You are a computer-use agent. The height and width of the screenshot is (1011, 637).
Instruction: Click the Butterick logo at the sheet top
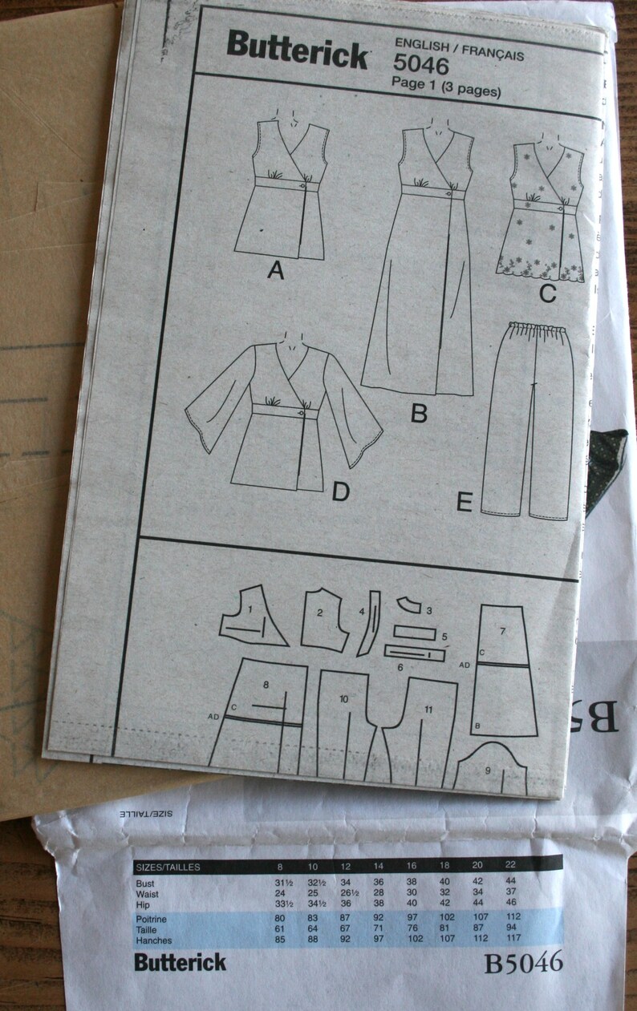pyautogui.click(x=297, y=51)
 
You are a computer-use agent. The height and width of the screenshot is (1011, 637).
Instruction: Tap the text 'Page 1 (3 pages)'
pyautogui.click(x=445, y=90)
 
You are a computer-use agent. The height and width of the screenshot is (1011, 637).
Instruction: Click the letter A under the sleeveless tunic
pyautogui.click(x=276, y=272)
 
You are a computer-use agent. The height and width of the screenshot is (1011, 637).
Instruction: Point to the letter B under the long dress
pyautogui.click(x=418, y=414)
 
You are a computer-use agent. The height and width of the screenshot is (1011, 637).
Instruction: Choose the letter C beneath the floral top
pyautogui.click(x=547, y=294)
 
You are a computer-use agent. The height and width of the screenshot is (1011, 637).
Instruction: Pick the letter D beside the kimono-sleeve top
pyautogui.click(x=340, y=492)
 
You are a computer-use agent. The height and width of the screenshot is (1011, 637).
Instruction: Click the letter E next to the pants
pyautogui.click(x=463, y=503)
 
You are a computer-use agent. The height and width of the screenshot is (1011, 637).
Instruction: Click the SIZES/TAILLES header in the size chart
pyautogui.click(x=168, y=867)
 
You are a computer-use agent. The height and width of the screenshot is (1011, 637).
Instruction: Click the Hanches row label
pyautogui.click(x=156, y=940)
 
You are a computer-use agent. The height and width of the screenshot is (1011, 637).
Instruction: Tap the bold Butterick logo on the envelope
pyautogui.click(x=181, y=962)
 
